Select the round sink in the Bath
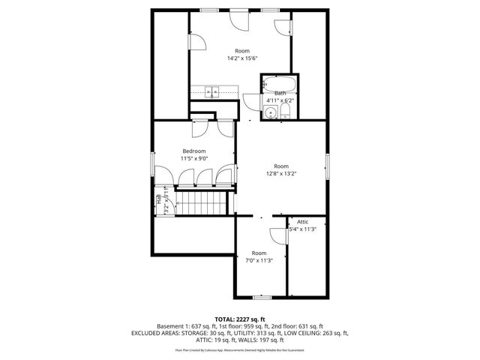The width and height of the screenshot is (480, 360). click(270, 113)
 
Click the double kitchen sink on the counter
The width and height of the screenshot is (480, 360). click(212, 92)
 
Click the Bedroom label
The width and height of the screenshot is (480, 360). click(193, 151)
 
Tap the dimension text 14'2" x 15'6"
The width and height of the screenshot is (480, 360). click(242, 58)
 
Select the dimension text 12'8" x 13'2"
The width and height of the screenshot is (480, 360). click(280, 174)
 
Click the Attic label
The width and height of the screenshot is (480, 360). click(302, 222)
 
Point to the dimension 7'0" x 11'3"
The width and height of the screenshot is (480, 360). click(259, 260)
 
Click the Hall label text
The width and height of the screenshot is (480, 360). click(159, 200)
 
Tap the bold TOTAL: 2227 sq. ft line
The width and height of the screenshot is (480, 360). click(240, 319)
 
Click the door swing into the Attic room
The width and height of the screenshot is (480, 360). click(278, 232)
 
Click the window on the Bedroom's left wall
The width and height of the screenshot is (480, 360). click(153, 164)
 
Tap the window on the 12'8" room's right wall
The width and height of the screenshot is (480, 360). click(327, 165)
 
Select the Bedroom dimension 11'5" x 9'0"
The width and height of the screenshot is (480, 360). click(193, 158)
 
